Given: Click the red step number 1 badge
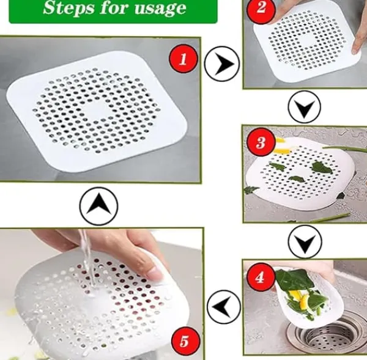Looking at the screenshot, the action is click(x=183, y=59).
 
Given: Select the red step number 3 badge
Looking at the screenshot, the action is click(x=261, y=142).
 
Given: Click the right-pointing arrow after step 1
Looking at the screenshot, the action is click(x=222, y=64).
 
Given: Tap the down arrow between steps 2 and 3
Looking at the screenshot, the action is click(x=304, y=107).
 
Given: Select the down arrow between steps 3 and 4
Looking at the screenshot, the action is click(x=305, y=242).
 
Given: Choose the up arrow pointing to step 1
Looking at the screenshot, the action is click(x=98, y=206).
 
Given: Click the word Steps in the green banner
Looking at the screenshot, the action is click(x=69, y=8).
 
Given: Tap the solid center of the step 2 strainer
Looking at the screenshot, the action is click(x=307, y=43).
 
